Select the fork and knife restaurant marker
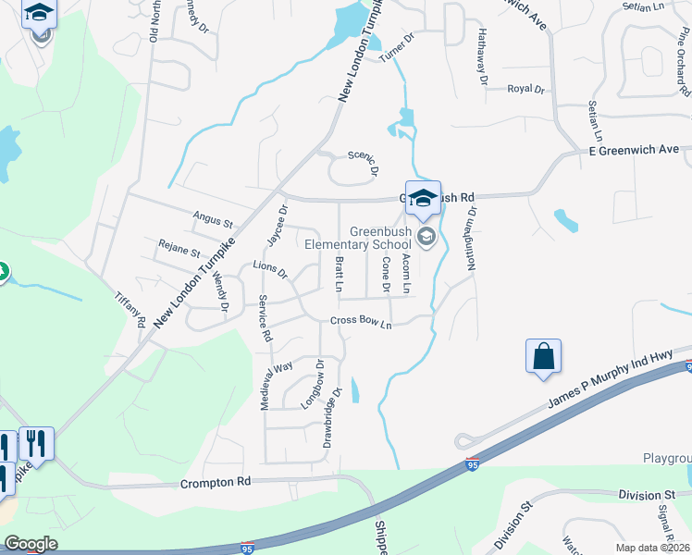36,442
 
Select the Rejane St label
179,251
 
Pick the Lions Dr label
270,270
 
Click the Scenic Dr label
364,163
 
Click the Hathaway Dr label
482,56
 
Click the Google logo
31,544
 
